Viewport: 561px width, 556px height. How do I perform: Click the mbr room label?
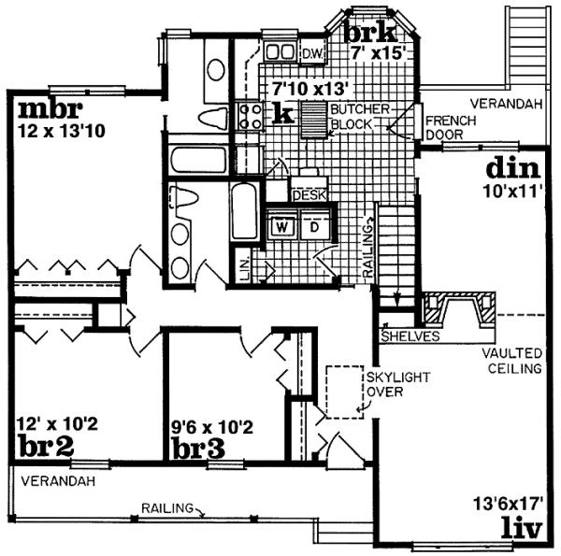click(50, 109)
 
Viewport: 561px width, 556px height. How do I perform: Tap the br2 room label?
click(47, 446)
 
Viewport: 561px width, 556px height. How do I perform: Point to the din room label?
click(513, 168)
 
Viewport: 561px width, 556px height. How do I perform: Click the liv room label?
click(523, 528)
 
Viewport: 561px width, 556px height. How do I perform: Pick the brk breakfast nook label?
click(371, 33)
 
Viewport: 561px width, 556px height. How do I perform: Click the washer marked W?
click(282, 227)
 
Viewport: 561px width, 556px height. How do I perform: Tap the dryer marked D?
click(314, 227)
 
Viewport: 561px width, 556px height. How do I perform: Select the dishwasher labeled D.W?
click(312, 54)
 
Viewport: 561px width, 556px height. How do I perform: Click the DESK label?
click(309, 195)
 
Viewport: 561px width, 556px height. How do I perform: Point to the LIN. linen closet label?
click(244, 266)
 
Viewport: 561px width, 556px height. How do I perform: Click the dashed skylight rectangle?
click(344, 392)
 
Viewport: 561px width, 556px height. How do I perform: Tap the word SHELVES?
click(410, 336)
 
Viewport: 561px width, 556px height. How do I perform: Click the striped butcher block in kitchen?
click(314, 120)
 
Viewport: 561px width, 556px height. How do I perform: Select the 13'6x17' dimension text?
click(508, 505)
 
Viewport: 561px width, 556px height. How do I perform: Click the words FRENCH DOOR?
click(451, 128)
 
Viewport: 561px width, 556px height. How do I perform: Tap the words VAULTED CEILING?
click(512, 361)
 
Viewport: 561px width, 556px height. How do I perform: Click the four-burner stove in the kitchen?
click(250, 115)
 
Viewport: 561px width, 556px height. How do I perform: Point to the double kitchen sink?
click(280, 51)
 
